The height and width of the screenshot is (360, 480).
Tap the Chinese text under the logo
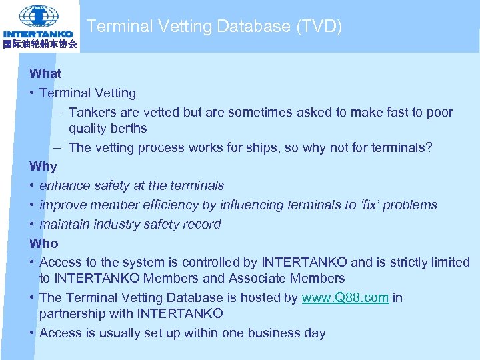coord(39,45)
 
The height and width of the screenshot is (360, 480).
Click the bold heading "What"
coord(45,74)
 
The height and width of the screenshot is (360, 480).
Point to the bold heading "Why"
coord(43,167)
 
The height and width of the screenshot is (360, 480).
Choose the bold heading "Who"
coord(44,243)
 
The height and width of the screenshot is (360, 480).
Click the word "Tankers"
coord(92,113)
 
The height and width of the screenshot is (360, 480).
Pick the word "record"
coord(201,225)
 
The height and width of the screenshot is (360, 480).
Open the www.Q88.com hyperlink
coord(345,298)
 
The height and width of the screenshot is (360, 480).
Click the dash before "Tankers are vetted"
coord(59,113)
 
